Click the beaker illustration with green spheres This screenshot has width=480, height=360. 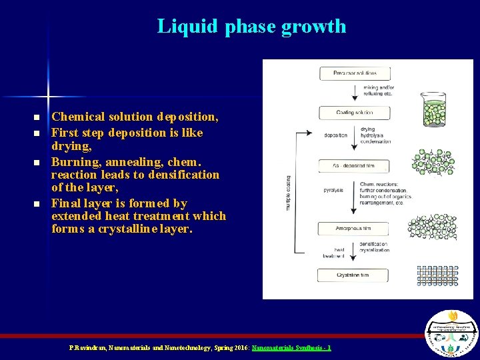pyautogui.click(x=435, y=107)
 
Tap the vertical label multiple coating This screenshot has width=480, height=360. pyautogui.click(x=288, y=193)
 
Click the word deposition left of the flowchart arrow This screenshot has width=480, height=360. pyautogui.click(x=335, y=135)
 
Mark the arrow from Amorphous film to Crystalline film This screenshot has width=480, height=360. pyautogui.click(x=354, y=252)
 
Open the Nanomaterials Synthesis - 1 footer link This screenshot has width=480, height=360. pyautogui.click(x=291, y=348)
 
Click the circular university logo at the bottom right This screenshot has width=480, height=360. pyautogui.click(x=451, y=333)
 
